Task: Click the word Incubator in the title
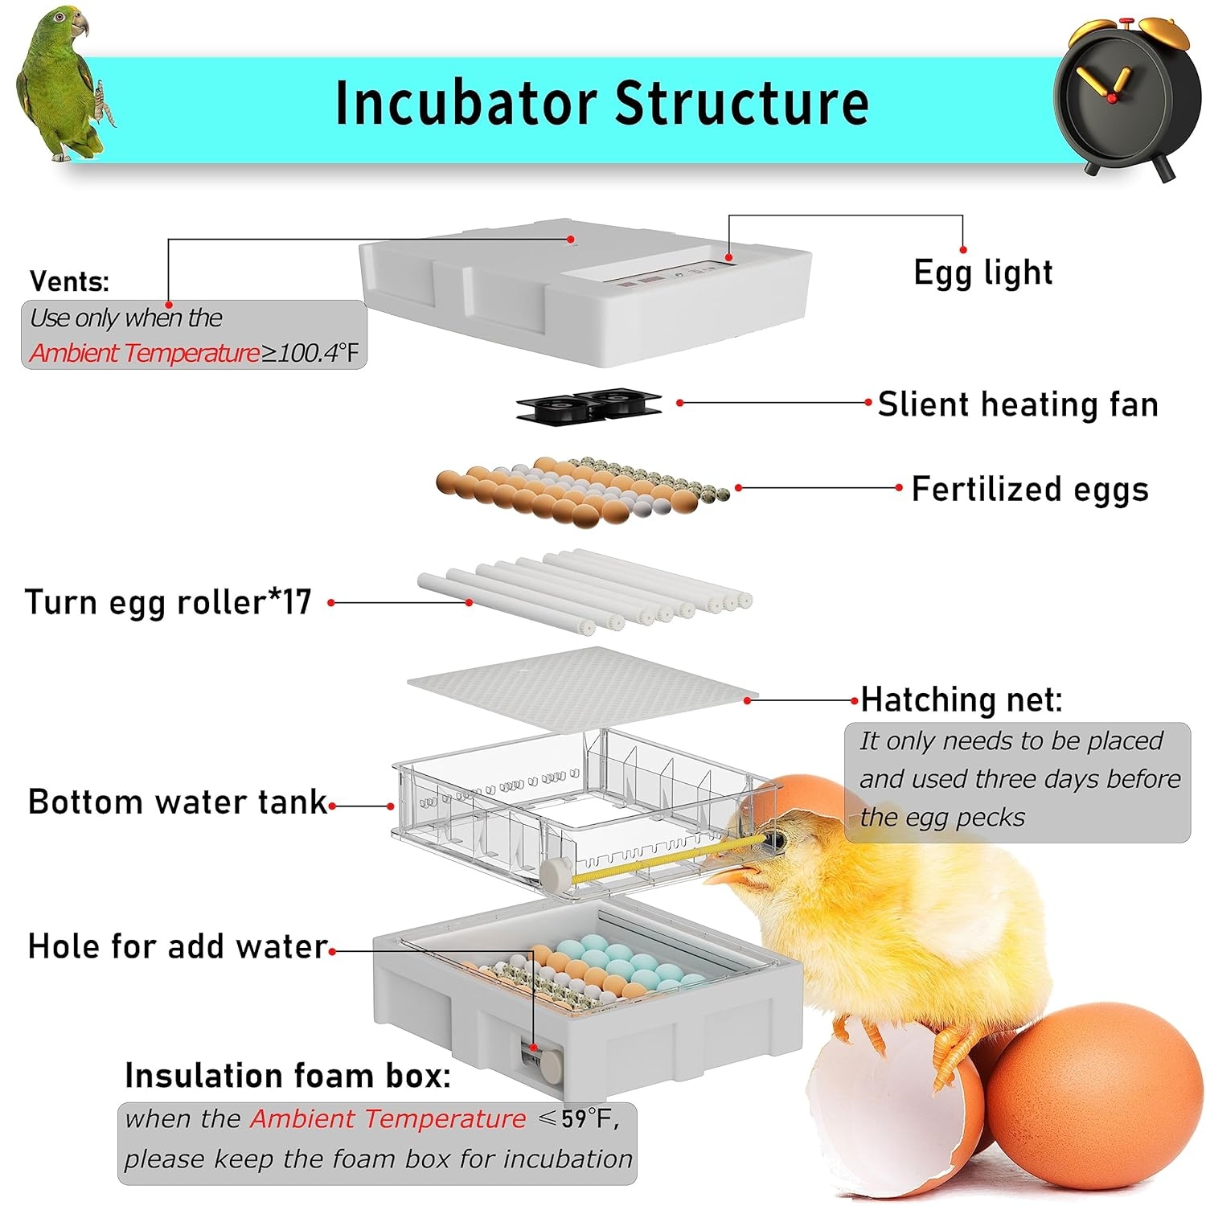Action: point(466,103)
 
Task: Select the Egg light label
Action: point(982,273)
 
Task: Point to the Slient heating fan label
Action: point(1017,404)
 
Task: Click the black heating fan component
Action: point(589,404)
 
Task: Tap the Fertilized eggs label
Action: point(1029,489)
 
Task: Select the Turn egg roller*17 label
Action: point(168,602)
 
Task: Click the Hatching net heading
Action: point(962,699)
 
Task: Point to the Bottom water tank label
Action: point(178,802)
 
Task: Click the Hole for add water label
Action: point(178,946)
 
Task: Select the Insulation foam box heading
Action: point(287,1076)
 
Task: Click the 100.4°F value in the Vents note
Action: point(318,353)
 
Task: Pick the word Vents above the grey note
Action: point(69,281)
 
